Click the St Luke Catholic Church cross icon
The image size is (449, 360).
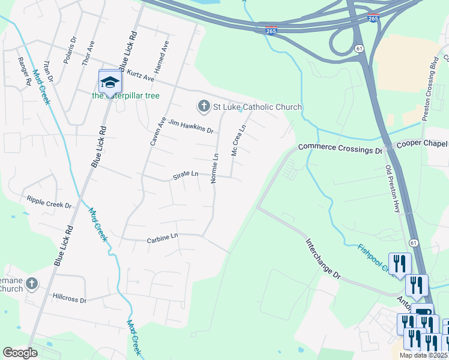pos(203,107)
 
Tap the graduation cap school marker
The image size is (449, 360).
pos(109,82)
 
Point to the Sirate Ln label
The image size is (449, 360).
pos(185,174)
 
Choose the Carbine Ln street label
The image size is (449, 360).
pos(163,238)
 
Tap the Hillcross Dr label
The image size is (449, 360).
pos(70,298)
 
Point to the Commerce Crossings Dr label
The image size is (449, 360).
pos(340,148)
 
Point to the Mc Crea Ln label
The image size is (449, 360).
pos(238,140)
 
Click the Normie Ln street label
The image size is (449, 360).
pos(215,169)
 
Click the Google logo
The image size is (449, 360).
pos(20,353)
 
